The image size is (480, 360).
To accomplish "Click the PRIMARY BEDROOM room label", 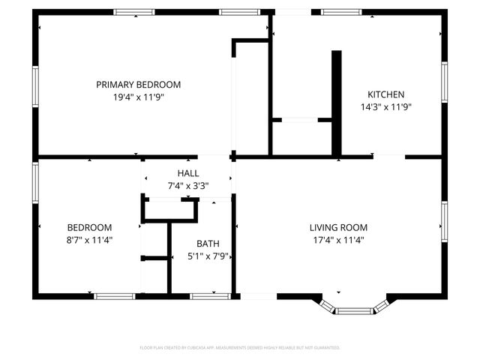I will point(138,85).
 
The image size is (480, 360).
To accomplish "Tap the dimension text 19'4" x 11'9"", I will point(138,97).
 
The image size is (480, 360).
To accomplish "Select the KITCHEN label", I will point(385,94).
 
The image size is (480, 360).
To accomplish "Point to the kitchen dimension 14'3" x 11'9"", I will point(385,106).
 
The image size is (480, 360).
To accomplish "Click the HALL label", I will point(188,173).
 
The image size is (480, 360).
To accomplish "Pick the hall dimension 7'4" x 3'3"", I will point(188,185).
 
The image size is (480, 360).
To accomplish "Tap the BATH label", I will point(208,244).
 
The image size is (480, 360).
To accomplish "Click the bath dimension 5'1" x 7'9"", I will point(208,256).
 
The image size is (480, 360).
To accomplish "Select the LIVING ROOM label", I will point(338,228).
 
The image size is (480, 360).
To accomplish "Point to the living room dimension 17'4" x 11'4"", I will point(338,240).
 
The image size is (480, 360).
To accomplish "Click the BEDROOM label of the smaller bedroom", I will point(89,228).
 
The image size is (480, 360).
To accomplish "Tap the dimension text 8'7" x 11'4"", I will point(89,240).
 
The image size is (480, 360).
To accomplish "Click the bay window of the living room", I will point(355,309).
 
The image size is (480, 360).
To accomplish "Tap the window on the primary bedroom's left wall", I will point(34,87).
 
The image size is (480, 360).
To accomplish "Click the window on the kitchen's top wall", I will point(341,12).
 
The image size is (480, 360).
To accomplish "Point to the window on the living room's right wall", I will point(444,223).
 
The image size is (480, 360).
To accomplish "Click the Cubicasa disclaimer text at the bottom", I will point(240,348).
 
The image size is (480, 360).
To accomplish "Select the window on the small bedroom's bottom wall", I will point(114,296).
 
